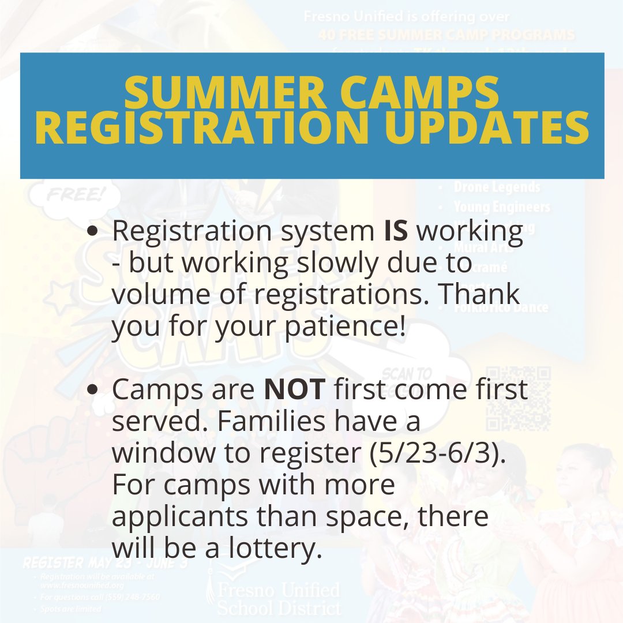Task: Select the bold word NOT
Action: [295, 389]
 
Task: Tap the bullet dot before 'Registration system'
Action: [93, 231]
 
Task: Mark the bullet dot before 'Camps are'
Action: [93, 390]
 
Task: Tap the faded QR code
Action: [518, 399]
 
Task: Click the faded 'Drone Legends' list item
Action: [497, 187]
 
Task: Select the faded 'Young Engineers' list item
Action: [501, 207]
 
